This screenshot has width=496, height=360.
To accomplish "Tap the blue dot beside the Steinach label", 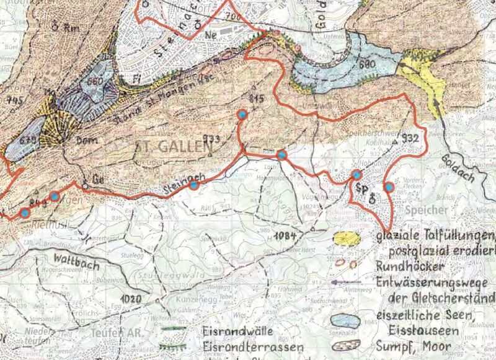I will click(x=193, y=185).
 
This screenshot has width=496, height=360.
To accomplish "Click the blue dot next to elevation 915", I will click(x=242, y=115).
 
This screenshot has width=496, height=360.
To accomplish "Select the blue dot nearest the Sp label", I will click(x=356, y=175).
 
